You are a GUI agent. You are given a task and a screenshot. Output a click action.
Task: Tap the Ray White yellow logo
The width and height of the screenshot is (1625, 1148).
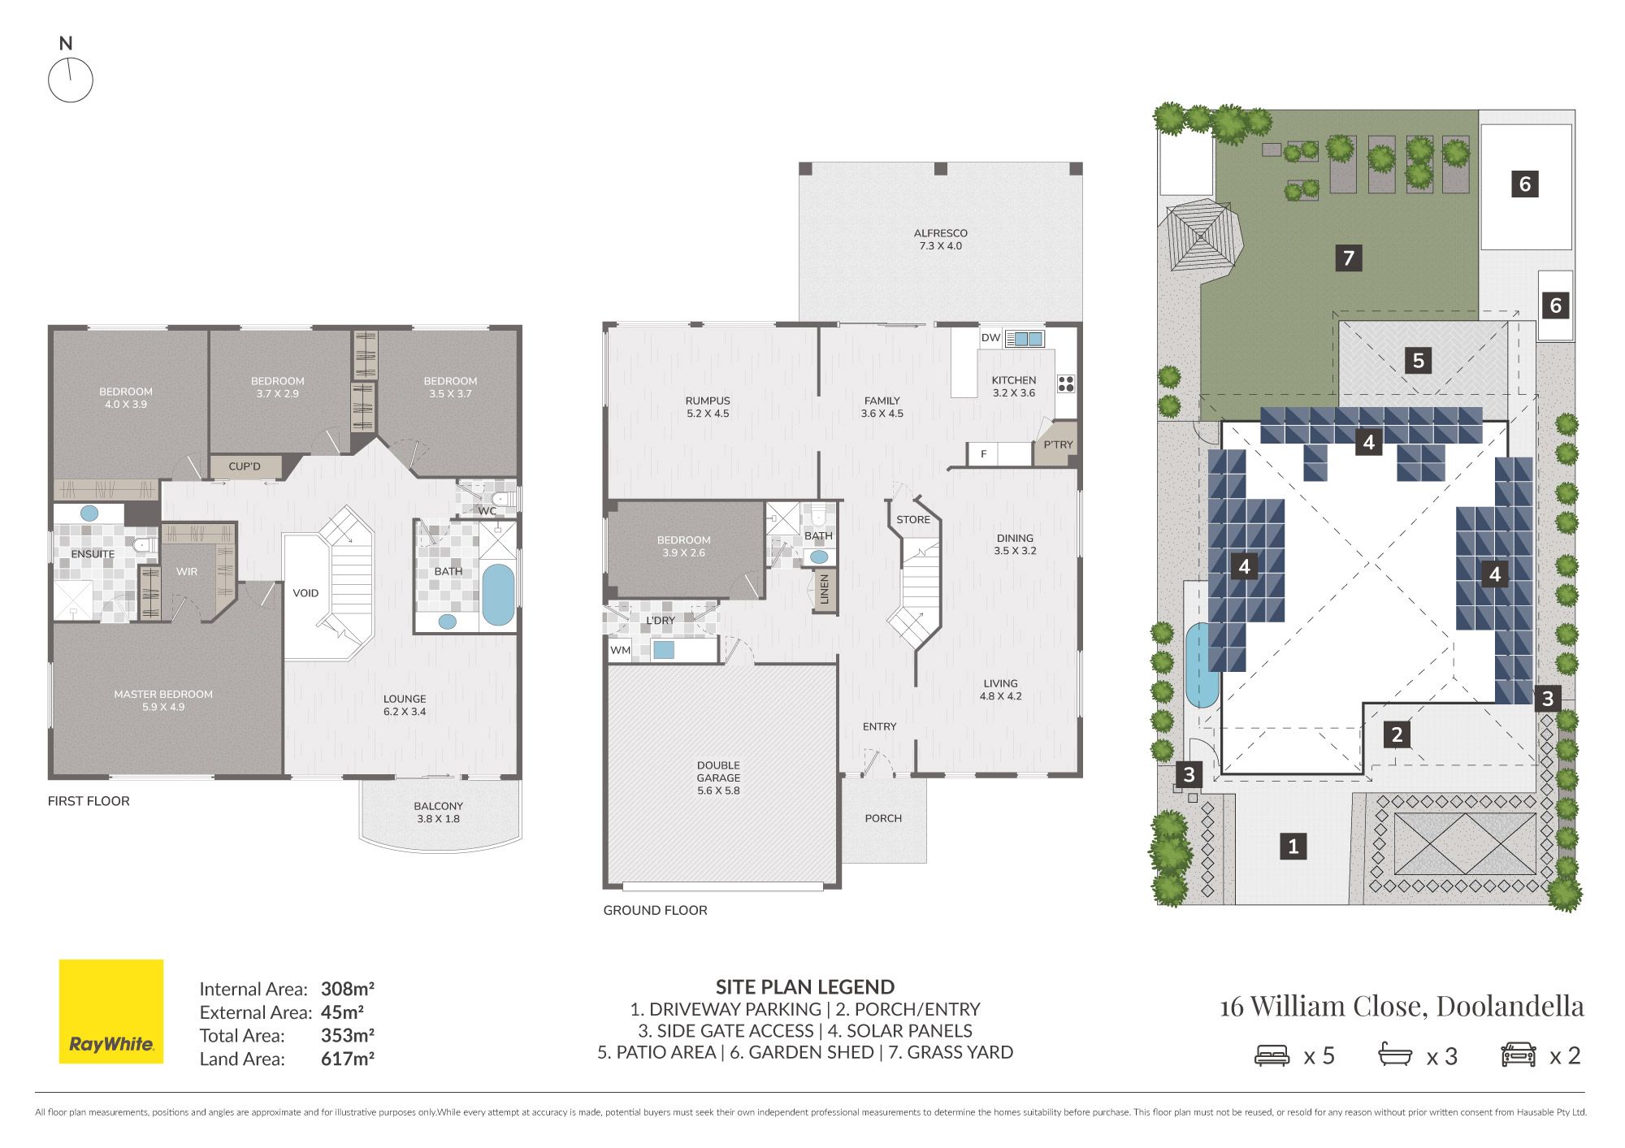point(111,1012)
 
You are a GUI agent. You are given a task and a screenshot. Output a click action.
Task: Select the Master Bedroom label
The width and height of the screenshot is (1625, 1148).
point(163,700)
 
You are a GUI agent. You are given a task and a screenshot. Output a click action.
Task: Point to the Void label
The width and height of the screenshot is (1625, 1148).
point(305,593)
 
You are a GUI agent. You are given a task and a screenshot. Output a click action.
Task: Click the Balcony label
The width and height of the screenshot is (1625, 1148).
point(438,812)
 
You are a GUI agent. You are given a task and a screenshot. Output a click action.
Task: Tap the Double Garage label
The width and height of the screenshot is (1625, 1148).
point(718,778)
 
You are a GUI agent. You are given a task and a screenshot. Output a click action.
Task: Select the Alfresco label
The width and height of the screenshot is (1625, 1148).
point(941,239)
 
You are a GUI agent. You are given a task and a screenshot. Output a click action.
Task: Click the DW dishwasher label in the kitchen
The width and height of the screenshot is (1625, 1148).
point(990,338)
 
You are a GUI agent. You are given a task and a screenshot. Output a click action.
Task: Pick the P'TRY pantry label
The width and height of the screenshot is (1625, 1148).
point(1058,444)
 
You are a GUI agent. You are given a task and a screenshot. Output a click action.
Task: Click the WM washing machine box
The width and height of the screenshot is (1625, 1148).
point(621,650)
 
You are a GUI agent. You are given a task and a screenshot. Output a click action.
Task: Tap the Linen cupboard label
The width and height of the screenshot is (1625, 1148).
point(825,589)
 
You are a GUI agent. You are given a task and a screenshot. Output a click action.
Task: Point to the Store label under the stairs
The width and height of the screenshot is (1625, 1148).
point(913,519)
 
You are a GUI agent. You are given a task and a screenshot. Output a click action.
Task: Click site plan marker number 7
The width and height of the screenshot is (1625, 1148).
point(1349,258)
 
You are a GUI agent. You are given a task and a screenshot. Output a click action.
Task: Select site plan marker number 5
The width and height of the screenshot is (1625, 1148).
point(1419,360)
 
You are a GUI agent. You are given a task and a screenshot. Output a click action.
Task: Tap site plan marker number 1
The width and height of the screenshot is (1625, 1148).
point(1293,846)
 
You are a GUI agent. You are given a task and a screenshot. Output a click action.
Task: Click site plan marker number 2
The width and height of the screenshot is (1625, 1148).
point(1397,734)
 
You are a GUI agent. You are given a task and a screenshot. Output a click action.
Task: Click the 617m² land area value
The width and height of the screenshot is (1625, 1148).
point(348,1059)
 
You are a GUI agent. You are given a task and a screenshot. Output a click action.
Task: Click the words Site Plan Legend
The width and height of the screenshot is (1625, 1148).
point(805,987)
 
